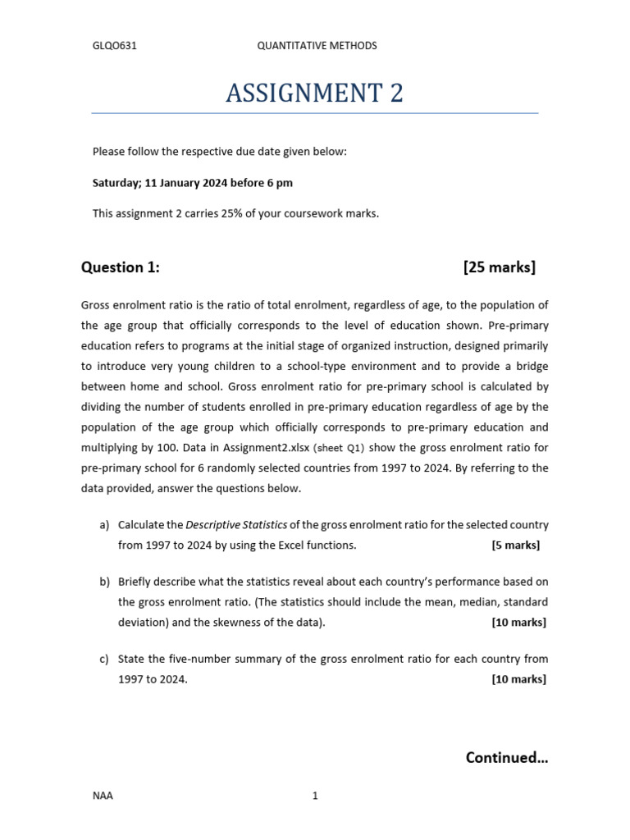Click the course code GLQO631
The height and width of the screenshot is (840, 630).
(x=114, y=46)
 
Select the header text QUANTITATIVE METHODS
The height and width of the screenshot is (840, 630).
(x=317, y=46)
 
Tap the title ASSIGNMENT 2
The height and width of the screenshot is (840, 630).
(x=314, y=94)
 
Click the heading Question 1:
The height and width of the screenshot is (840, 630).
(x=121, y=267)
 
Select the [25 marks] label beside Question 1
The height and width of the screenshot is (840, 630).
(x=499, y=267)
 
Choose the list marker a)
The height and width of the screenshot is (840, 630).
(x=104, y=525)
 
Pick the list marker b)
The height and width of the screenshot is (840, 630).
(x=104, y=582)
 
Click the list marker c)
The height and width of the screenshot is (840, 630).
(x=104, y=659)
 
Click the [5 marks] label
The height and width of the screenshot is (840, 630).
(x=515, y=546)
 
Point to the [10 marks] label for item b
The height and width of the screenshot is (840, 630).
(x=518, y=623)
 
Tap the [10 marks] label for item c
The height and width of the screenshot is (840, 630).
(x=518, y=679)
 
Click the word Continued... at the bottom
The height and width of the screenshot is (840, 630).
(x=506, y=758)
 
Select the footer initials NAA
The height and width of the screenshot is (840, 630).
(x=103, y=796)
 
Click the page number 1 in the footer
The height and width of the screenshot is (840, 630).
(x=315, y=796)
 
